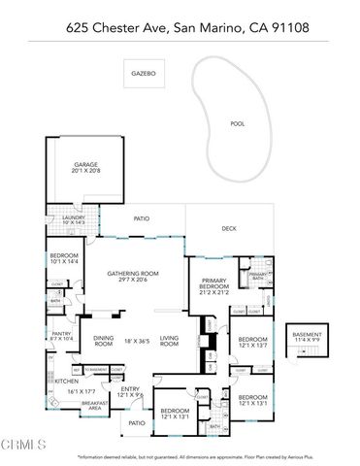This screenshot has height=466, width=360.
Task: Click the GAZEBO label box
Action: tap(145, 73)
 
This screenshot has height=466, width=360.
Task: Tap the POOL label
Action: tap(237, 123)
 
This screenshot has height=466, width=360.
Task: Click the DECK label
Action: tap(228, 228)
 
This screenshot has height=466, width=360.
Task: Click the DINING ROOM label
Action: tap(104, 341)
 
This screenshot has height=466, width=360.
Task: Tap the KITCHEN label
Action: tap(66, 382)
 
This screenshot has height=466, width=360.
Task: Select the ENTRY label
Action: tap(129, 390)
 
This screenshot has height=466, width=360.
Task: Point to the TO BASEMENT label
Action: tap(95, 370)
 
